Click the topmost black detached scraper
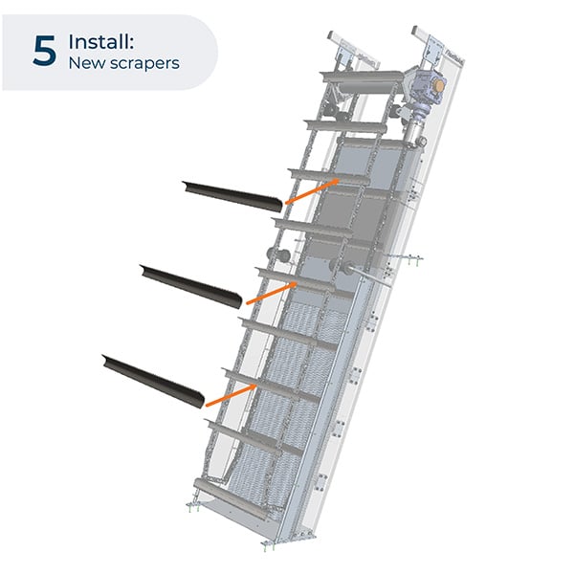234,195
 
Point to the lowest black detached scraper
154,379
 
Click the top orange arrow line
310,190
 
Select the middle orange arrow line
271,292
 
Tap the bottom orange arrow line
231,392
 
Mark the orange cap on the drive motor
439,85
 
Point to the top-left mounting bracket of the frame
339,41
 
